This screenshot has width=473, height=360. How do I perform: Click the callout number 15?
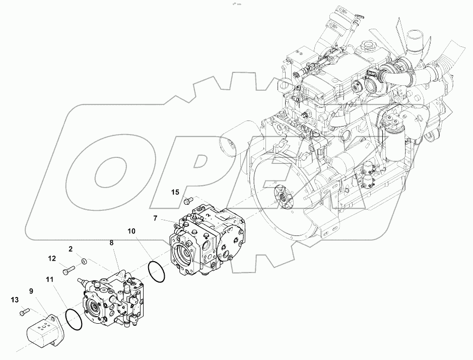pyautogui.click(x=175, y=192)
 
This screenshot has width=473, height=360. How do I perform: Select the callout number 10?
pyautogui.click(x=131, y=231)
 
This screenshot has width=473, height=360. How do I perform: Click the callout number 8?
pyautogui.click(x=111, y=243)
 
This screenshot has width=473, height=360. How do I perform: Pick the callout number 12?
pyautogui.click(x=52, y=259)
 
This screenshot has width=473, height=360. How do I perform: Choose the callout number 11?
pyautogui.click(x=49, y=279)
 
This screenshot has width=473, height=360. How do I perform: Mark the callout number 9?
pyautogui.click(x=31, y=290)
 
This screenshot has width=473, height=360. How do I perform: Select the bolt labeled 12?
pyautogui.click(x=67, y=272)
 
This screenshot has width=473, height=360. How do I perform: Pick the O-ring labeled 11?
pyautogui.click(x=73, y=320)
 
